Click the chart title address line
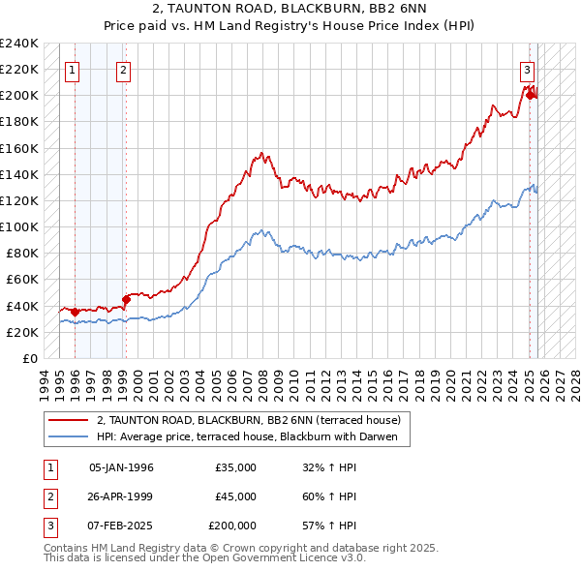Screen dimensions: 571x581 (x=290, y=9)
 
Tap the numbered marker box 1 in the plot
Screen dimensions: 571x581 (x=75, y=69)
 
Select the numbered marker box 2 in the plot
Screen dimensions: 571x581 (x=124, y=69)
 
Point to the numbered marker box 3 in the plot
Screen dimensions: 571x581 (x=527, y=69)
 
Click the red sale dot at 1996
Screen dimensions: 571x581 (x=76, y=312)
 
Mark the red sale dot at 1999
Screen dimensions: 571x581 (x=125, y=299)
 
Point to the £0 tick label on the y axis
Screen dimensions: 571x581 (x=29, y=358)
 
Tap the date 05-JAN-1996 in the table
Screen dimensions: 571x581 (x=121, y=467)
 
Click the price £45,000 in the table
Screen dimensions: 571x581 (x=235, y=496)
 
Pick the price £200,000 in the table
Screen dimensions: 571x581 (x=232, y=526)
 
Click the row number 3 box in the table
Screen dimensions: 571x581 (x=48, y=526)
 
